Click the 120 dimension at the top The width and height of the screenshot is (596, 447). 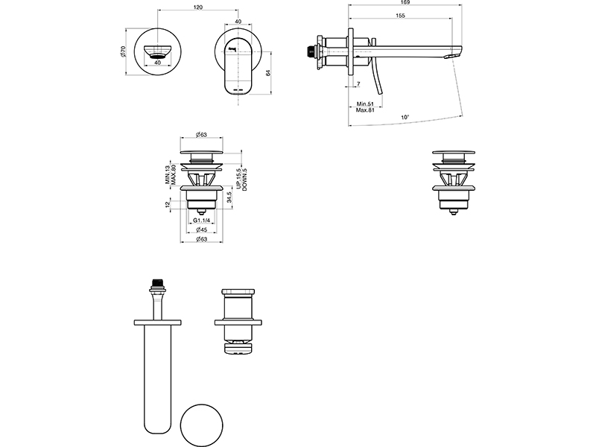click(198, 7)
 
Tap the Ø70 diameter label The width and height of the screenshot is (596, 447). click(122, 51)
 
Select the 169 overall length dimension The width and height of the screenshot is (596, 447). click(405, 2)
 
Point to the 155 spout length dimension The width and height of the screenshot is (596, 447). click(400, 16)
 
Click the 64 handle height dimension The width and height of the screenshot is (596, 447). click(268, 72)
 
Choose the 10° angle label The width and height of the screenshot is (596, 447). click(405, 117)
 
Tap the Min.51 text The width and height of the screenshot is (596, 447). click(365, 104)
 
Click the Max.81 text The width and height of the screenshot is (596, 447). click(365, 110)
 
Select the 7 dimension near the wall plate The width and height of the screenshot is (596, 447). click(358, 83)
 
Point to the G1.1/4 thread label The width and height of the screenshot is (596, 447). click(201, 221)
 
